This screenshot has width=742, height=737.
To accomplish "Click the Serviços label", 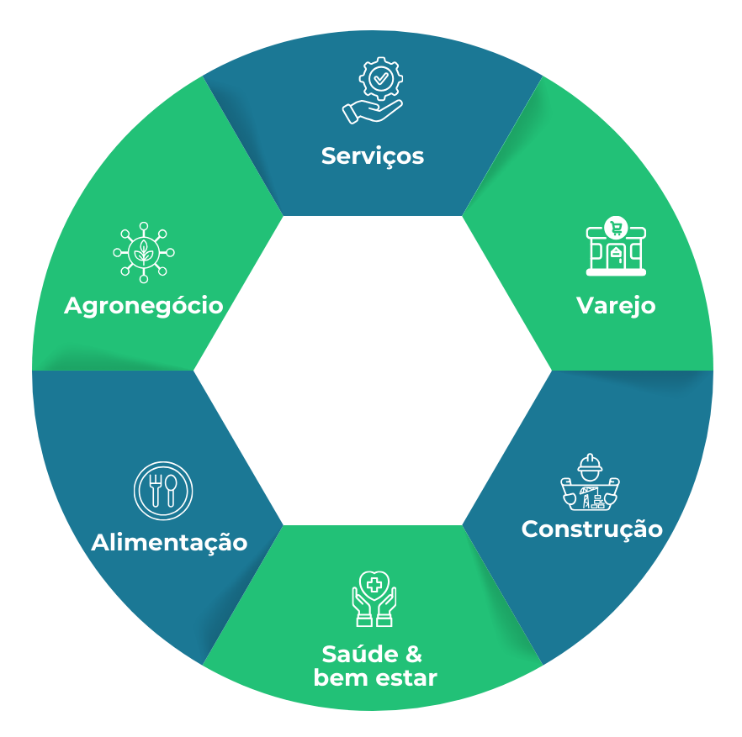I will pyautogui.click(x=372, y=156).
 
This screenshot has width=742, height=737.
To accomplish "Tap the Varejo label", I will pyautogui.click(x=616, y=305).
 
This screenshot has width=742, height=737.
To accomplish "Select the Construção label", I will pyautogui.click(x=591, y=529).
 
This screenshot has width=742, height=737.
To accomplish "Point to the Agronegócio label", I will pyautogui.click(x=144, y=305).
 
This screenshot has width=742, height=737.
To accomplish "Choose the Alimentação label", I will pyautogui.click(x=169, y=542).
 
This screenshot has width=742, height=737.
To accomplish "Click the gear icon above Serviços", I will pyautogui.click(x=381, y=80).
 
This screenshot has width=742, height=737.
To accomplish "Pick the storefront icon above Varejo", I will pyautogui.click(x=617, y=250).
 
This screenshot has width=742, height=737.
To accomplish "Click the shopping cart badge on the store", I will pyautogui.click(x=617, y=226).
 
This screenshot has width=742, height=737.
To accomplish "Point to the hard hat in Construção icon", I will pyautogui.click(x=590, y=464).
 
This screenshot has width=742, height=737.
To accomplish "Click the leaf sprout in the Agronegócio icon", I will pyautogui.click(x=144, y=251).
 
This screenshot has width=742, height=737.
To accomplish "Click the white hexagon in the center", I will pyautogui.click(x=372, y=370).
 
